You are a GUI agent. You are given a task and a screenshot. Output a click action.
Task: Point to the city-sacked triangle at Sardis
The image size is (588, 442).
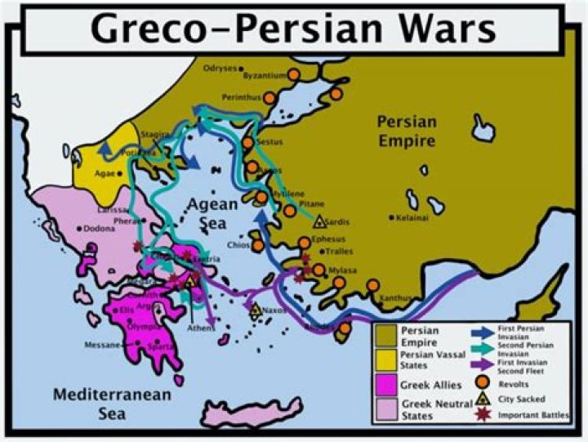point(318,221)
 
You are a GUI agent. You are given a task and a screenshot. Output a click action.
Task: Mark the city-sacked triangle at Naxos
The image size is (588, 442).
point(255,310)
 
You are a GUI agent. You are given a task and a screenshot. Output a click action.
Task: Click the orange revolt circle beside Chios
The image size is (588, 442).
point(257,245)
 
